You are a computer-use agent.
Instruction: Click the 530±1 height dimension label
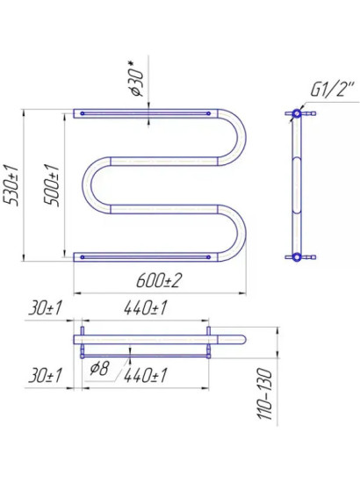[x=11, y=184]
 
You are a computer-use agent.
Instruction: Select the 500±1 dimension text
[x=51, y=184]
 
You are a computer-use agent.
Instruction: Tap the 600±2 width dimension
[x=159, y=280]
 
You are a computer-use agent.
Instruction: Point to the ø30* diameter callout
[x=136, y=79]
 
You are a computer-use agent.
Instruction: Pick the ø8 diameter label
[x=99, y=368]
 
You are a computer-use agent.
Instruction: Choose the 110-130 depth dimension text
[x=265, y=393]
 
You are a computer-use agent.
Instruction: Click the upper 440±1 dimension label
[x=146, y=308]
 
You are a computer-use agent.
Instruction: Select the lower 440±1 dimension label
[x=146, y=376]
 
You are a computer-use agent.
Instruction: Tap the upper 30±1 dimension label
[x=46, y=308]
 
